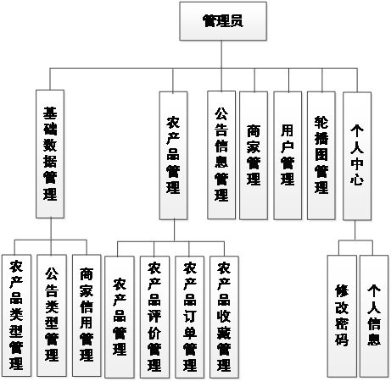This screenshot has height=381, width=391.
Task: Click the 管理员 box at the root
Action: click(x=222, y=21)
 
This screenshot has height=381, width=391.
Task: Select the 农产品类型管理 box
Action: click(x=17, y=315)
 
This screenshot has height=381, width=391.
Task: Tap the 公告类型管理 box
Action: click(x=51, y=315)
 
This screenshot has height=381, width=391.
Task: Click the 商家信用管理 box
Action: click(x=86, y=315)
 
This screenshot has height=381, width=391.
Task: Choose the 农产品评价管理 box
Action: click(x=154, y=315)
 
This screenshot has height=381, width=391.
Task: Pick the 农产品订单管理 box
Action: click(x=190, y=315)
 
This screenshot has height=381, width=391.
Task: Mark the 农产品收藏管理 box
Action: click(x=224, y=315)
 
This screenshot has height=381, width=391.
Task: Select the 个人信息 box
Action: click(x=373, y=315)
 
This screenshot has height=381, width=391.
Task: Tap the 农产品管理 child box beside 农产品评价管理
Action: click(x=120, y=315)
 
